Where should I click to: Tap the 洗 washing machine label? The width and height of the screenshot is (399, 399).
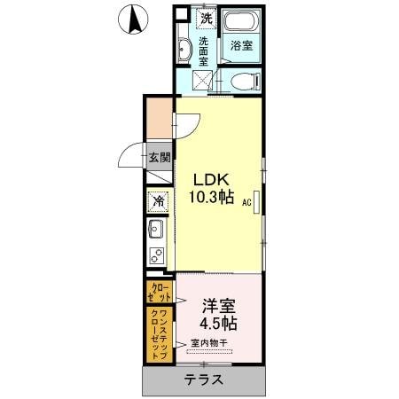[x=207, y=18]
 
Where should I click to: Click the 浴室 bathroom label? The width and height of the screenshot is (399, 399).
[x=240, y=44]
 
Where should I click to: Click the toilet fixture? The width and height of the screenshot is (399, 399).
[x=241, y=82]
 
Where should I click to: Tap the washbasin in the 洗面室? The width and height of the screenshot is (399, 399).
[x=185, y=50]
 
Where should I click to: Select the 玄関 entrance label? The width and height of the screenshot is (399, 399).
[x=160, y=159]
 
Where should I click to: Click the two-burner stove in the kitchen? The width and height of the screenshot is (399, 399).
[x=158, y=258]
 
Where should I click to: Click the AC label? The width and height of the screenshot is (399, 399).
[x=246, y=202]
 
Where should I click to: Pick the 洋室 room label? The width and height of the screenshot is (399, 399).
[x=216, y=305]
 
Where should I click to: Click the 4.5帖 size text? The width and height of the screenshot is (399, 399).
[x=217, y=324]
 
